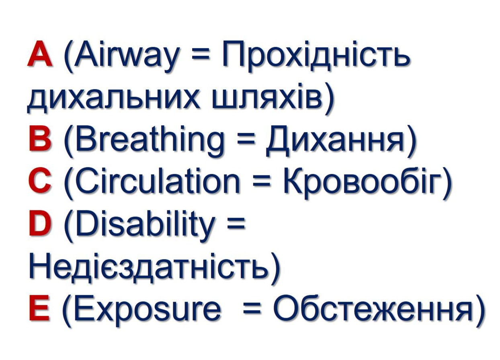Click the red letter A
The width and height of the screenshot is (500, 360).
point(40,53)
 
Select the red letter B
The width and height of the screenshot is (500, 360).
point(40,139)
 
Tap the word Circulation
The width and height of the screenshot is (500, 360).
point(158,181)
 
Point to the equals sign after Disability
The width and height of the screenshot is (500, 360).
point(236,227)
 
